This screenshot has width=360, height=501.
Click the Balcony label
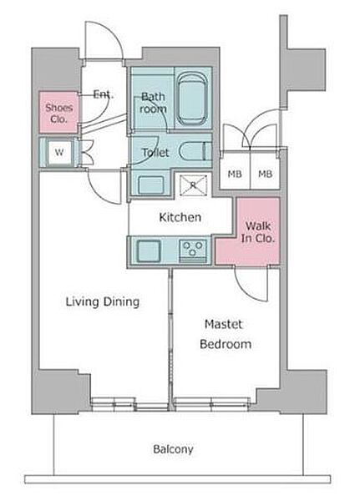coord(173,449)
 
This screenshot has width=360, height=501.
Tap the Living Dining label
coord(103,301)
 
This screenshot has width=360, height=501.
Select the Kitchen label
coord(180,217)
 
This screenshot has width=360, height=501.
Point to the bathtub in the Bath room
coord(191,99)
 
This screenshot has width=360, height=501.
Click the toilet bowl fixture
coord(194,151)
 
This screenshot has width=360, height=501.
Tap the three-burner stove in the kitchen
coord(192,250)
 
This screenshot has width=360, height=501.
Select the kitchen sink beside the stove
coord(149,250)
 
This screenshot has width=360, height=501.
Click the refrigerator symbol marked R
coord(193,185)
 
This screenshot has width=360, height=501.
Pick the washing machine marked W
coord(59,152)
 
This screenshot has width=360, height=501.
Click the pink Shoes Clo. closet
coord(58,113)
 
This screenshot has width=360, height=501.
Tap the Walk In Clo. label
coord(258,232)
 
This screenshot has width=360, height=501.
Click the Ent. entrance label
coord(104,94)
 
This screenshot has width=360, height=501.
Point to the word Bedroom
coord(226,344)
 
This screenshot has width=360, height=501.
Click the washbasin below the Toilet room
coord(151,185)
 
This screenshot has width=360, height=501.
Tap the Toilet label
coord(155,153)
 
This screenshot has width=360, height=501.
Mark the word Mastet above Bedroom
coord(224,324)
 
